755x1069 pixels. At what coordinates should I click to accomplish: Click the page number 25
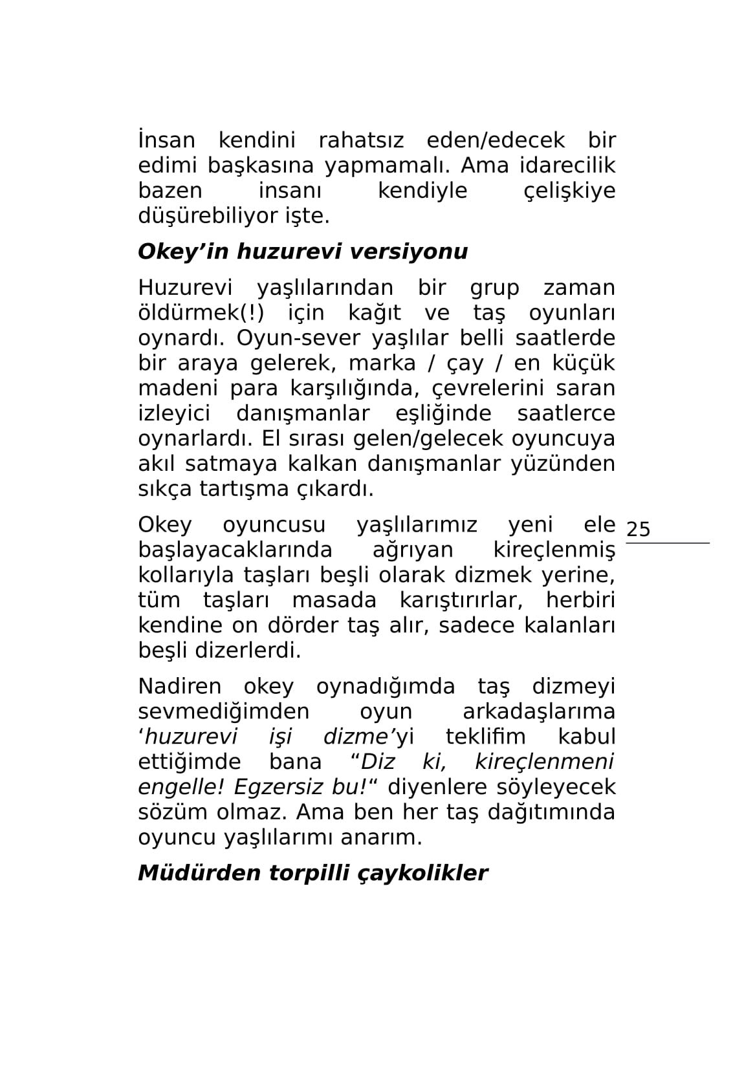click(x=638, y=530)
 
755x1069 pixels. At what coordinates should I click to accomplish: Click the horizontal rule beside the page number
click(x=668, y=543)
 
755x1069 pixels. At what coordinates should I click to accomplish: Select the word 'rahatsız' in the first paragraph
click(x=361, y=140)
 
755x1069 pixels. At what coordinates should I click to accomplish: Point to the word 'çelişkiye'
click(x=569, y=191)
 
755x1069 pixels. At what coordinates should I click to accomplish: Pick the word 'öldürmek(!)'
click(x=201, y=313)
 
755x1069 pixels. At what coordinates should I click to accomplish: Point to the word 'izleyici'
click(x=174, y=414)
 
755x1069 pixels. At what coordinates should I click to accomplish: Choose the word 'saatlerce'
click(x=566, y=414)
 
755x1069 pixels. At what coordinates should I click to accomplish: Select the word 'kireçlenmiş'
click(x=554, y=550)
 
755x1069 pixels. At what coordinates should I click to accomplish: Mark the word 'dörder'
click(x=308, y=626)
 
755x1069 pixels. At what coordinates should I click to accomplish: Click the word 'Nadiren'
click(x=180, y=686)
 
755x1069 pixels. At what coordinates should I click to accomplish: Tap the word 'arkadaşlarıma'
click(x=539, y=712)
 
